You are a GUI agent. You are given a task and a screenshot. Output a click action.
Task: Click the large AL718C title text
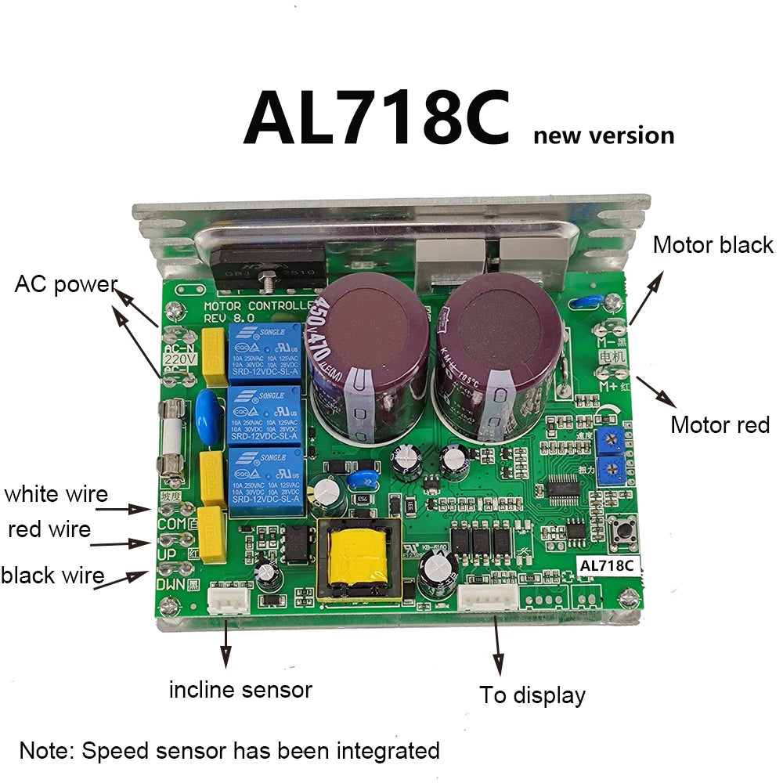[x=377, y=119]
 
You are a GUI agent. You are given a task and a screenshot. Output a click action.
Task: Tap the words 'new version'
[x=603, y=135]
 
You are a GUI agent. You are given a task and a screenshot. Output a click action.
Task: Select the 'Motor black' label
[x=713, y=245]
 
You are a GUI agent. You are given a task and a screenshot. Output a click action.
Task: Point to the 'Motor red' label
[x=720, y=425]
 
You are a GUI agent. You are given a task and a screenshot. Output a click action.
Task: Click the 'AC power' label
[x=66, y=284]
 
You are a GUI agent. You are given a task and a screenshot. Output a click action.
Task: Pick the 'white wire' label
[x=56, y=494]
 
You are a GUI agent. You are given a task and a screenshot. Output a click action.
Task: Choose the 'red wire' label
[x=49, y=529]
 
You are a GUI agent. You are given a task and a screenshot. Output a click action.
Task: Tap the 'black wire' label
[x=52, y=576]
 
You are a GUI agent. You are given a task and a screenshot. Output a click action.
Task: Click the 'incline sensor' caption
[x=240, y=690]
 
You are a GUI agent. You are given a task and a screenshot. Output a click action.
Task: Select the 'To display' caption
[x=532, y=695]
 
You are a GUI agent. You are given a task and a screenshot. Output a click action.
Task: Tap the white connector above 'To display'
[x=488, y=599]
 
